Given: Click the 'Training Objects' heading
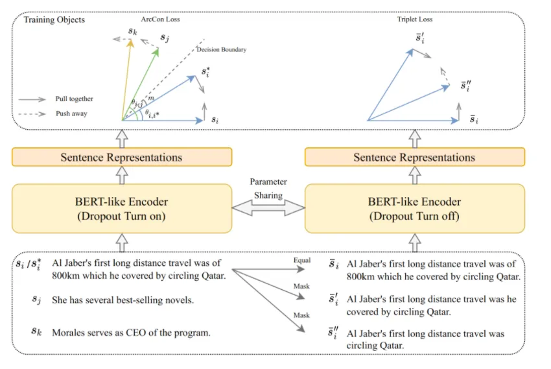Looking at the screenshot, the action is click(54, 19).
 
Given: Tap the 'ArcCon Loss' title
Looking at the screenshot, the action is click(160, 19).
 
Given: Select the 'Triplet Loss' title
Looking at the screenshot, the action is click(415, 19).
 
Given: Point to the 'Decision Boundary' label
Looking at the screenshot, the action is click(222, 49).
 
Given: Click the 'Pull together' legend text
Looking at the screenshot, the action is click(74, 99).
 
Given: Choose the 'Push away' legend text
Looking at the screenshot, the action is click(71, 113).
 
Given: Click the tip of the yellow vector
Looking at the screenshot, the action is click(131, 40).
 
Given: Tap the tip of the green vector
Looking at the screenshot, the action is click(158, 48).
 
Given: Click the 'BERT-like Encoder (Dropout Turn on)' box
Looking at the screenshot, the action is click(122, 208).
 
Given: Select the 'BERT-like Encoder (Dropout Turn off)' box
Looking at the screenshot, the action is click(415, 208).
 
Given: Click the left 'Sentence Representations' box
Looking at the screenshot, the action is click(122, 157).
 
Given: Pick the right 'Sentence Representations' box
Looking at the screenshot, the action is click(415, 157).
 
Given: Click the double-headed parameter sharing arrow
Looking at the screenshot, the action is click(268, 208).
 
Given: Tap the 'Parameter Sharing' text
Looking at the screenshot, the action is click(268, 188).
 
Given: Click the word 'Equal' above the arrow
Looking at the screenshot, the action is click(302, 260).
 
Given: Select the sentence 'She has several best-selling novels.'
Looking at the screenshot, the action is click(123, 300).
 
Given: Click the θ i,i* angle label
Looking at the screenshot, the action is click(152, 113).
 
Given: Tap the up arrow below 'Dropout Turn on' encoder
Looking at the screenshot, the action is click(122, 243).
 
